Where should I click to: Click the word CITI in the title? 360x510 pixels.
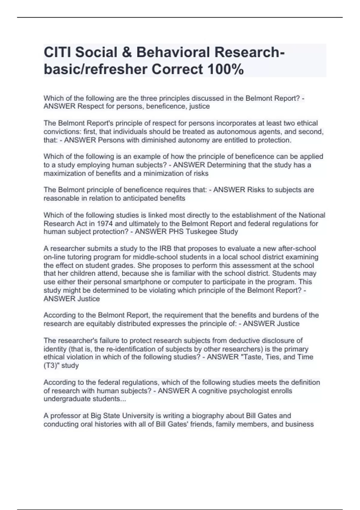57,52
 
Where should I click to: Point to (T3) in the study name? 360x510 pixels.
51,366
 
